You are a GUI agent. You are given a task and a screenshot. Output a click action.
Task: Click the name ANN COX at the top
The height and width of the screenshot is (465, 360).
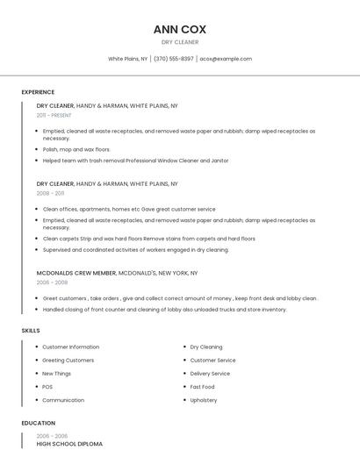(x=180, y=29)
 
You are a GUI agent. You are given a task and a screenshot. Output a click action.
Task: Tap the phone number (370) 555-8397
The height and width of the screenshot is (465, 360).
(x=174, y=59)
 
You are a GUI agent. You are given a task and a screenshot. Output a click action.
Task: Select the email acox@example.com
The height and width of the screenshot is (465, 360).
(x=226, y=59)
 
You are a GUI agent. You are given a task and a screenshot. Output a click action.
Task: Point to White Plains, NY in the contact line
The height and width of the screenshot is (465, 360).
(x=128, y=59)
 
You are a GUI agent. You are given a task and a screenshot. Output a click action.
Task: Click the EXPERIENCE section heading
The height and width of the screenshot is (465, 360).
(x=38, y=92)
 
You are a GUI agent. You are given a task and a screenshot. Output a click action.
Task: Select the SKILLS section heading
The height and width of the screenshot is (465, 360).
(x=31, y=330)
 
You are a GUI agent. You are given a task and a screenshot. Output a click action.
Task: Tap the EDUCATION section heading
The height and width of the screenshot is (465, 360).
(x=39, y=423)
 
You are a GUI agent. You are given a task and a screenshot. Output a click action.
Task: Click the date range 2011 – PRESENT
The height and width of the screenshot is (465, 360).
(x=54, y=115)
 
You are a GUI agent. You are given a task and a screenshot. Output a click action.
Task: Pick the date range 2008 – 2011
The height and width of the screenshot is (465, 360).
(x=51, y=193)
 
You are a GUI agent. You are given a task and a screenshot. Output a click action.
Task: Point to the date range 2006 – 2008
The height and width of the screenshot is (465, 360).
(x=52, y=283)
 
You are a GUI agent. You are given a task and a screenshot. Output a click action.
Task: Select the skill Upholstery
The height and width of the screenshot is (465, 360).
(x=204, y=400)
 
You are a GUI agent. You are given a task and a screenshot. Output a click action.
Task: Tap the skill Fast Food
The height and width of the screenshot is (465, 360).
(x=202, y=387)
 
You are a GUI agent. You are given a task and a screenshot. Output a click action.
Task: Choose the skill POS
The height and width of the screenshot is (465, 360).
(x=47, y=387)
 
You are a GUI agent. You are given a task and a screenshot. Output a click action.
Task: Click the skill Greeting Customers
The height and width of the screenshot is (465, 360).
(x=68, y=360)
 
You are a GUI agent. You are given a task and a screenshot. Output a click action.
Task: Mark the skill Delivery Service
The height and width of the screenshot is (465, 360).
(x=210, y=373)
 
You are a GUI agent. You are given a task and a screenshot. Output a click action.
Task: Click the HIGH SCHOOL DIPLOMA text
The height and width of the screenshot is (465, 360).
(x=69, y=444)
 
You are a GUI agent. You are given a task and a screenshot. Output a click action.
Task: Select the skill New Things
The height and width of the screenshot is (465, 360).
(x=57, y=373)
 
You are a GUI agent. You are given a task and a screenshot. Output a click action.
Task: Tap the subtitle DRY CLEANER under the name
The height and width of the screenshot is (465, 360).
(x=180, y=42)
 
